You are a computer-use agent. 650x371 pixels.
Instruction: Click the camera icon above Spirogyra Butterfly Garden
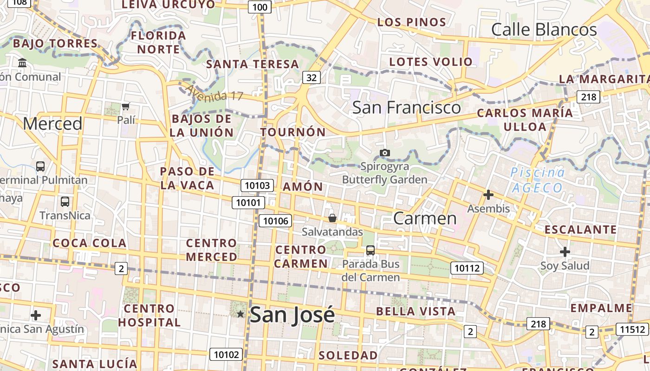384,153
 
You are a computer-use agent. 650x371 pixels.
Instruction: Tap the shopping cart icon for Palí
125,107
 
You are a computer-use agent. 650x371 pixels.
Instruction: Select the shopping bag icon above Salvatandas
332,217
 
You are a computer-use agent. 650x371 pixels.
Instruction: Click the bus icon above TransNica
65,202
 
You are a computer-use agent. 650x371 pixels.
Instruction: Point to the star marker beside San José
240,314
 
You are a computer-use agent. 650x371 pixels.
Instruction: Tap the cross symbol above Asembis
488,195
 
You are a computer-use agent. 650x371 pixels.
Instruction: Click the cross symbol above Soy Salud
565,252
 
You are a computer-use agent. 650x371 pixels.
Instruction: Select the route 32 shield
311,77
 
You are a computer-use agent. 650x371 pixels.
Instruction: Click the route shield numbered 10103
257,185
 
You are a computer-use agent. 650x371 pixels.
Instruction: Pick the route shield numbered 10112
467,268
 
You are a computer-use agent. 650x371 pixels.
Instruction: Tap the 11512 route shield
632,329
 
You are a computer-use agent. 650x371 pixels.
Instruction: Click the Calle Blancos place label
544,30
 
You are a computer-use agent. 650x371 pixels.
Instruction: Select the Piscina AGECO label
538,180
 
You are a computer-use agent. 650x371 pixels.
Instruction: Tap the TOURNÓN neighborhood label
293,132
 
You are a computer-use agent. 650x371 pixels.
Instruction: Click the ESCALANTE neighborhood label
580,230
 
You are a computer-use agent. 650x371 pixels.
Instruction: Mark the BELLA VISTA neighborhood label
416,311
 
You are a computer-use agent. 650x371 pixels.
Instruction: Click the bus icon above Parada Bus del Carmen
370,250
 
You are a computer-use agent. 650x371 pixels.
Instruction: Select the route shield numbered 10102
226,355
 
